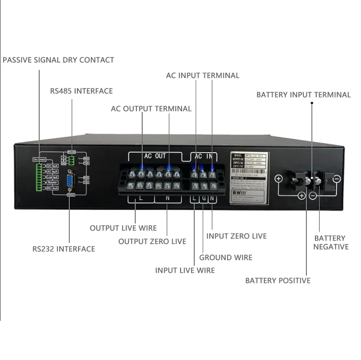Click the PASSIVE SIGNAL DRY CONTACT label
coord(58,60)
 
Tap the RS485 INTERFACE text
coord(81,91)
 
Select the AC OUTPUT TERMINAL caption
coord(151,109)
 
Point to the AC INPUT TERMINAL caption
coord(202,75)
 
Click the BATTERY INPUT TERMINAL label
coord(303,95)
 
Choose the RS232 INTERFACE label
coord(64,249)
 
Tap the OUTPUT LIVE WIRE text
coord(123,228)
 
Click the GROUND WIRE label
coord(225,258)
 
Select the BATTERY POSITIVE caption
coord(278,280)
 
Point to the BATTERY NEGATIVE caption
coord(331,242)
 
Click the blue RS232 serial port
coord(70,181)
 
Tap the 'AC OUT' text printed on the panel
coord(155,156)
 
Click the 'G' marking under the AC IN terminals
coord(203,199)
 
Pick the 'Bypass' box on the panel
coord(51,182)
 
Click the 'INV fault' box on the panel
coord(51,188)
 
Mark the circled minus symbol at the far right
coord(337,179)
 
